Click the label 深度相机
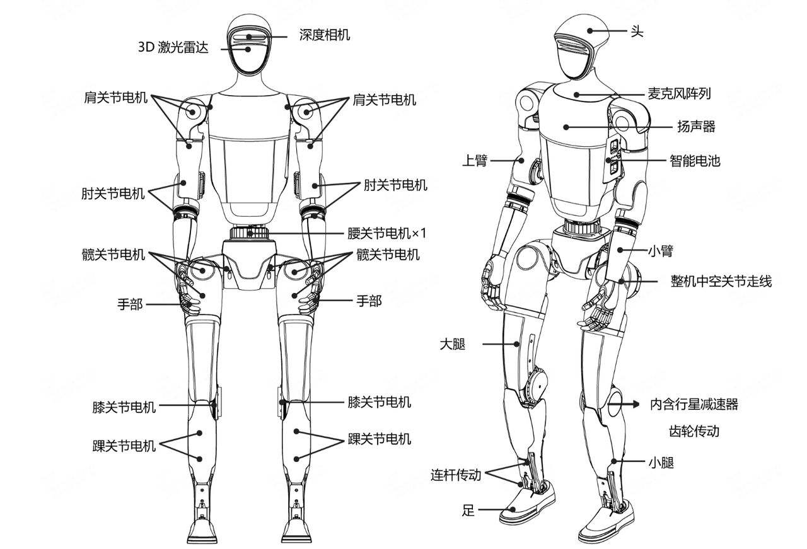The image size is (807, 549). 324,35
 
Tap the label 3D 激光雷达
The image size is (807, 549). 173,47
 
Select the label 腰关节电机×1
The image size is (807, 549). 387,233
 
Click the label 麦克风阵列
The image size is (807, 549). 679,94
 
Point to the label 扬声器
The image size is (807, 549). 696,127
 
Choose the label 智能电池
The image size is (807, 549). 695,161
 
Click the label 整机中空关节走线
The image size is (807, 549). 721,281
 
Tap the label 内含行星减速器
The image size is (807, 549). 694,404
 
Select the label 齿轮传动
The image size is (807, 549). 694,431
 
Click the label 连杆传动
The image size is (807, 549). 456,475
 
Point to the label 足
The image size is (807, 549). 468,510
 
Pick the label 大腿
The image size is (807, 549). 453,344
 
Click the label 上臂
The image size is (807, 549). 475,160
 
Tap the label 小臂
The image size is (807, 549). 661,250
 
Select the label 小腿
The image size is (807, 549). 661,462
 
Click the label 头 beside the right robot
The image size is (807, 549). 637,32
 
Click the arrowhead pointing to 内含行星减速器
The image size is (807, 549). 635,404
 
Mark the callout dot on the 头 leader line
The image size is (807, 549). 590,31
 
